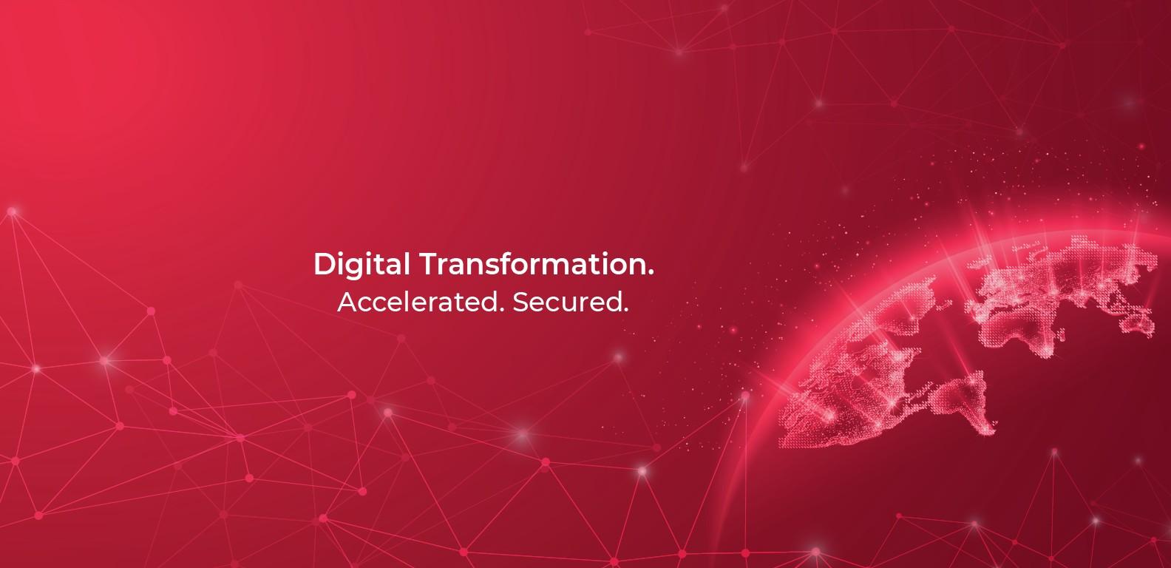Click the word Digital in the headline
pyautogui.click(x=362, y=266)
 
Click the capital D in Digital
pyautogui.click(x=324, y=264)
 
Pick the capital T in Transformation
pyautogui.click(x=430, y=264)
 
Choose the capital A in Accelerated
pyautogui.click(x=347, y=302)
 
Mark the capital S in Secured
pyautogui.click(x=521, y=302)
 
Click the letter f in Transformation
pyautogui.click(x=506, y=263)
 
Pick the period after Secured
pyautogui.click(x=625, y=310)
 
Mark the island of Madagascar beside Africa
pyautogui.click(x=1062, y=335)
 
